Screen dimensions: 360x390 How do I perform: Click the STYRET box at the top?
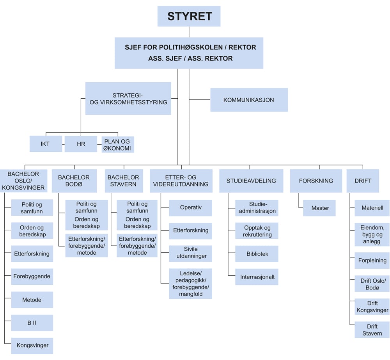[x=189, y=16]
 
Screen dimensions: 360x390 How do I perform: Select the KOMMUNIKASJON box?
[x=249, y=100]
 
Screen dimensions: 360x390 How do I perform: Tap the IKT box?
[x=45, y=144]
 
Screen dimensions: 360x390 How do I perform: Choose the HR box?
[x=81, y=144]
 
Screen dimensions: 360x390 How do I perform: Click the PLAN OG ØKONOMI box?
[x=117, y=144]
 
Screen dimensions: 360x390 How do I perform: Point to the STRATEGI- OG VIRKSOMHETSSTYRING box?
[x=128, y=99]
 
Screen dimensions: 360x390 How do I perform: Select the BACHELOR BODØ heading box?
[x=74, y=181]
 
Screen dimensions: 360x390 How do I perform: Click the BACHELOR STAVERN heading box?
[x=123, y=181]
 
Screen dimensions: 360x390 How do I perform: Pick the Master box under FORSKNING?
[x=319, y=208]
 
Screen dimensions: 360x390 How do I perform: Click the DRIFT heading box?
[x=363, y=181]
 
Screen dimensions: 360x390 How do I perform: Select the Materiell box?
[x=372, y=208]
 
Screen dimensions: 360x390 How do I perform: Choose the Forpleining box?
[x=372, y=261]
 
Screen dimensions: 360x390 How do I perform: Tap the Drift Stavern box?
[x=372, y=330]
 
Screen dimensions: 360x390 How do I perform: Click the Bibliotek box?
[x=257, y=254]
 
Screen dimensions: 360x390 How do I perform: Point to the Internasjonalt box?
[x=257, y=277]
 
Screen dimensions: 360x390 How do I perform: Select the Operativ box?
[x=190, y=207]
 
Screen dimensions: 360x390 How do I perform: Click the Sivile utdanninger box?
[x=190, y=253]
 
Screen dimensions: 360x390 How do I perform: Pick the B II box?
[x=32, y=323]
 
